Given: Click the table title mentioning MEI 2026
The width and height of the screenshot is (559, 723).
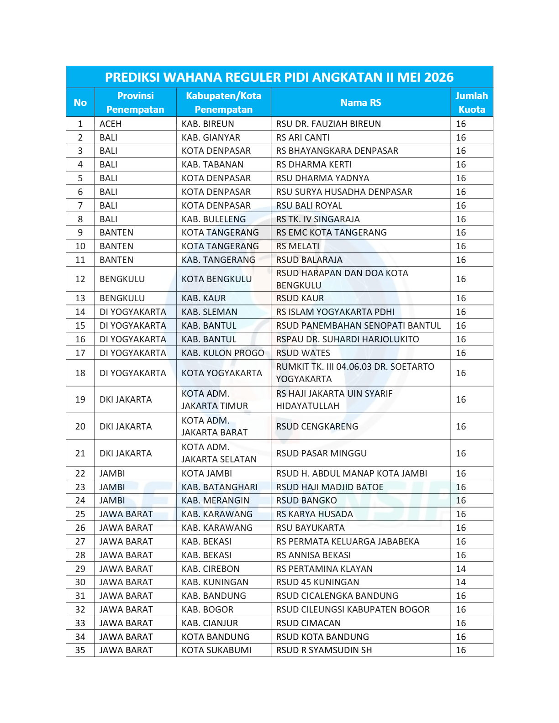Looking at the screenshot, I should point(279,77).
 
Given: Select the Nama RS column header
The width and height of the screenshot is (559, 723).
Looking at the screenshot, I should point(360,103).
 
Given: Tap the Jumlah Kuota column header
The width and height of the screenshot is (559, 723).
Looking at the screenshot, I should point(471,103).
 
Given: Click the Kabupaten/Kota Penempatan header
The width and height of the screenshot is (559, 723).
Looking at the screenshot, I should point(223,103).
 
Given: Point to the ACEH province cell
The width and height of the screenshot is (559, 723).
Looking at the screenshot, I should point(111,124).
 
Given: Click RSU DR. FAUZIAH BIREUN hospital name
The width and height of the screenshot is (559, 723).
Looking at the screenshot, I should point(328,124).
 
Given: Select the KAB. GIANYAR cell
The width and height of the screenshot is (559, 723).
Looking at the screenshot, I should point(211,137).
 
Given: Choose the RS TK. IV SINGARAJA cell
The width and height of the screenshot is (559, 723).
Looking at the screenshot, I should point(318,219).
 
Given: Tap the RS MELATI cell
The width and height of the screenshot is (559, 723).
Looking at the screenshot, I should point(298,246).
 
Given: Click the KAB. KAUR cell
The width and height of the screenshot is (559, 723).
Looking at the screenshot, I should point(204,298).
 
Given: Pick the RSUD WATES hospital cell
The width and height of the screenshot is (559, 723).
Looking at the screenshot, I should point(303,353).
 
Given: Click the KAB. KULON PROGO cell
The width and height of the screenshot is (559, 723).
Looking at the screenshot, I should point(223,353).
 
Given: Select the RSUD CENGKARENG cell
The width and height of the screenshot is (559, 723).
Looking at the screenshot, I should point(317,426).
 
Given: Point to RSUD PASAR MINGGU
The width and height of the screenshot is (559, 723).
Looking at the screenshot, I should point(322,453).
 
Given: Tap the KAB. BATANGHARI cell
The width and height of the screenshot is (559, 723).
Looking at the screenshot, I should point(220,487).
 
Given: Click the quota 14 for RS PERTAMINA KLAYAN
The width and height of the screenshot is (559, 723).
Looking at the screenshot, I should point(461,569).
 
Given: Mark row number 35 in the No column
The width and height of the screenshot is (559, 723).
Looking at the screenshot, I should point(80,650).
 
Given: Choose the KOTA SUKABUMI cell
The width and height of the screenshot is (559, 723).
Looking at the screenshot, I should point(216,650).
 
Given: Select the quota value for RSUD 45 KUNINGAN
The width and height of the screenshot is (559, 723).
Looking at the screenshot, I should point(461,582).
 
